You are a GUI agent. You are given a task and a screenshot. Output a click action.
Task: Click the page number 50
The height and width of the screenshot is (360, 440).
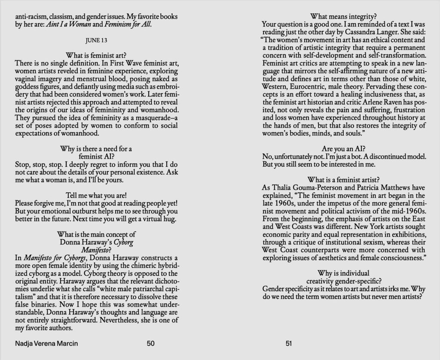coord(150,343)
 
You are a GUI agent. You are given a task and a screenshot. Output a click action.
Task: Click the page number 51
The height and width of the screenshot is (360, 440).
coord(288,343)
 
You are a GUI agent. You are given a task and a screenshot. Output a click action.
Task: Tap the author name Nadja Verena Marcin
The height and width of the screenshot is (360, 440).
coord(47,343)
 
